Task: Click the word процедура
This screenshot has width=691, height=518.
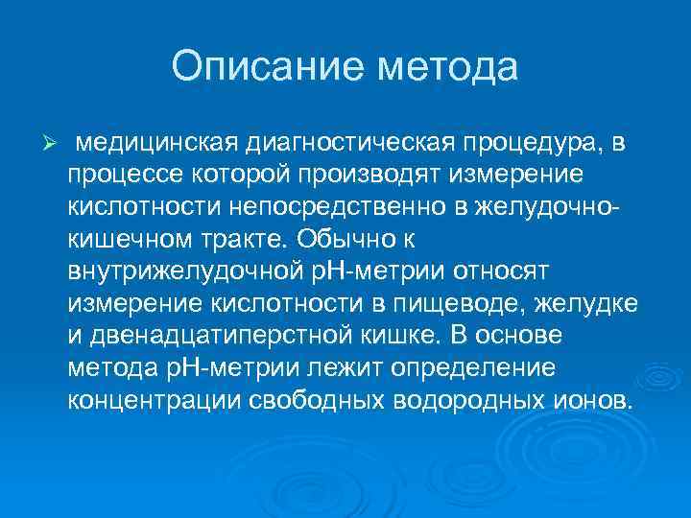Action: pyautogui.click(x=534, y=143)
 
